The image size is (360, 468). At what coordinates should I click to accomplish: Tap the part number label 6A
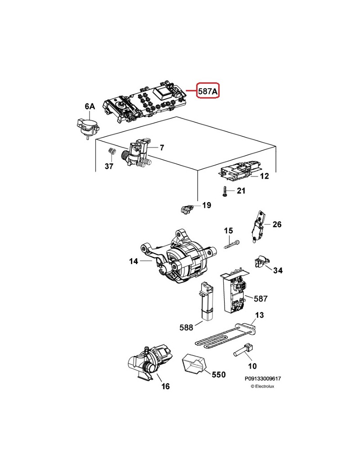tap(90, 107)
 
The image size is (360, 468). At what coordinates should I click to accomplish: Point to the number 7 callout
tap(162, 147)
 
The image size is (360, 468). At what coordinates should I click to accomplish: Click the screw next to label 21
tap(224, 191)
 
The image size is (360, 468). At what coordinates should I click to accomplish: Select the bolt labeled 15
tap(231, 245)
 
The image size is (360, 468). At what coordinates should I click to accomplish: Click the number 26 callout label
tap(277, 224)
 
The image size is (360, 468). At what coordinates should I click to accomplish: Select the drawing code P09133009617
tap(265, 379)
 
